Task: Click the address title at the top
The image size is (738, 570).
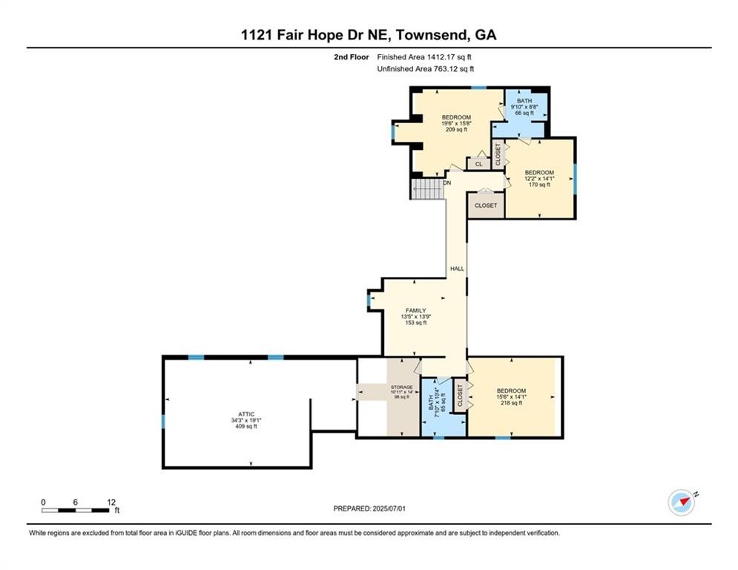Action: (x=369, y=35)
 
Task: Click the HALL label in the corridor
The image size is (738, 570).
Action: (x=456, y=269)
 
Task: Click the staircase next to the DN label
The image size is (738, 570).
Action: (x=427, y=189)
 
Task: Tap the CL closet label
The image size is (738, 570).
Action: (x=478, y=164)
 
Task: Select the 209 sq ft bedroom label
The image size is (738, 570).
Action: (x=456, y=123)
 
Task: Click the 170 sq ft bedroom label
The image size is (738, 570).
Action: (x=539, y=178)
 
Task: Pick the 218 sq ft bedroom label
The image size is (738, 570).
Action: (x=511, y=397)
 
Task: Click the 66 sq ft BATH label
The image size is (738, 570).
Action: (x=524, y=107)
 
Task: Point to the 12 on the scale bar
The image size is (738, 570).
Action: (x=111, y=502)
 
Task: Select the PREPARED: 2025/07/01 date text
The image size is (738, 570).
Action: (x=371, y=508)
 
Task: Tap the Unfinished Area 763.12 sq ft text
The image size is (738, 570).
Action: (x=425, y=69)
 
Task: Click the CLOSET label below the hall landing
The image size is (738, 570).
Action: (x=486, y=205)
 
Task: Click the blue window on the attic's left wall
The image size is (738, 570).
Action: (x=163, y=422)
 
